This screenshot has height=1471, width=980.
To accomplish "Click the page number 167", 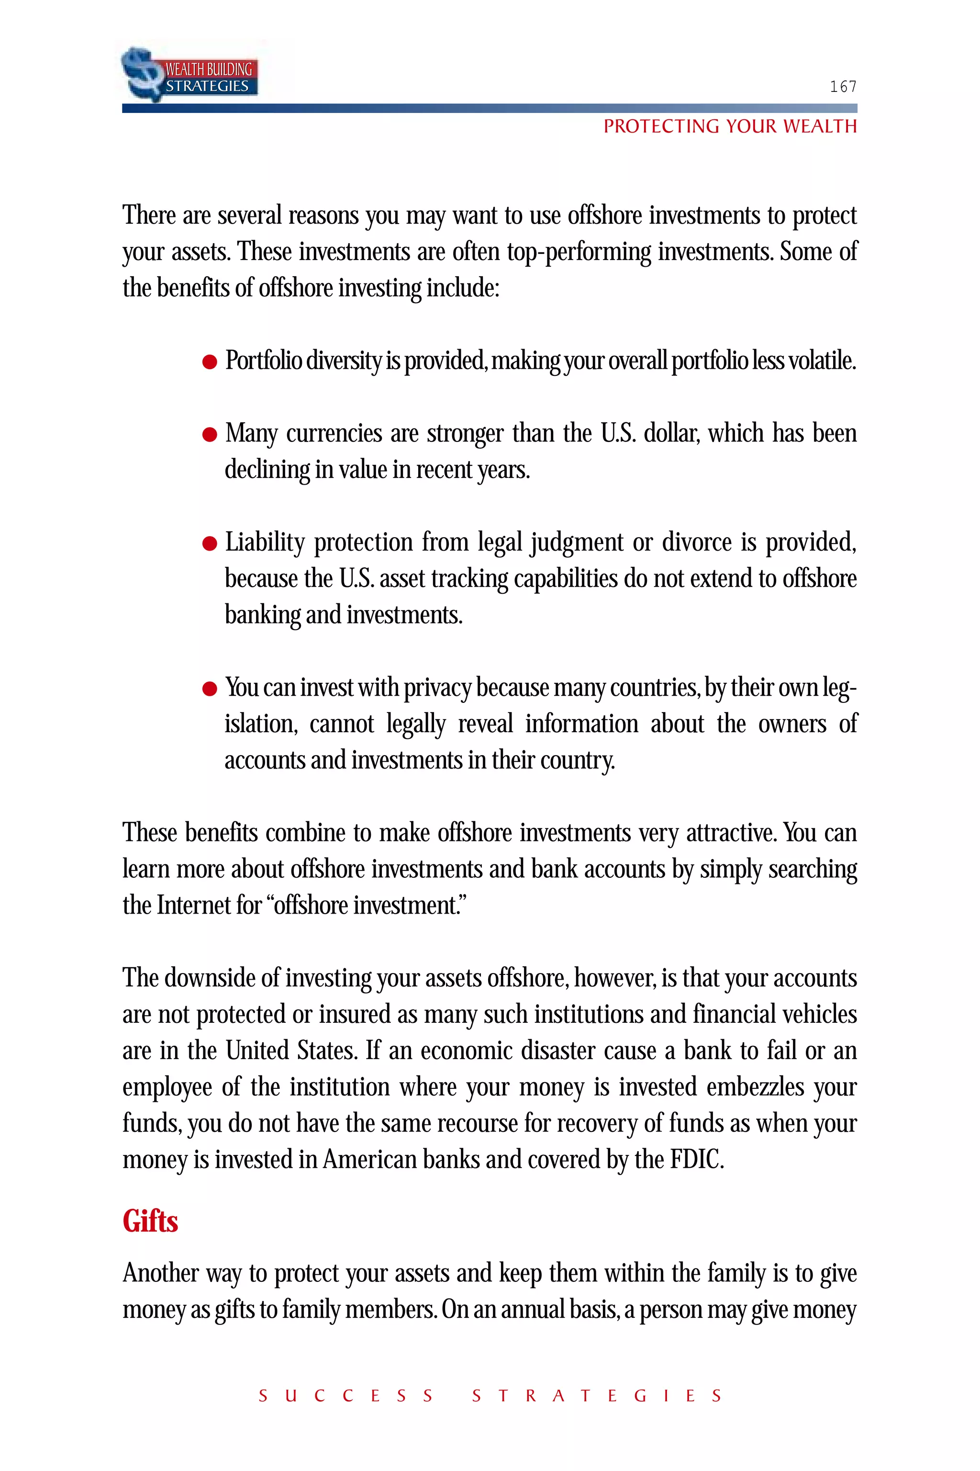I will coord(843,87).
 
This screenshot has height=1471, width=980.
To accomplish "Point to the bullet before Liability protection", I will coord(210,543).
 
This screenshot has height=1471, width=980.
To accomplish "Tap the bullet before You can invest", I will coord(210,689).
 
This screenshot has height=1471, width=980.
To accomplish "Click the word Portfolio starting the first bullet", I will coord(263,361).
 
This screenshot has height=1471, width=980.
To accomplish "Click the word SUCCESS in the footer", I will coord(345,1396).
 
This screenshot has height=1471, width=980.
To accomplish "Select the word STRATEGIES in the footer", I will coord(597,1396).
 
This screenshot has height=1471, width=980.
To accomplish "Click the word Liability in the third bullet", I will coord(264,542).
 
